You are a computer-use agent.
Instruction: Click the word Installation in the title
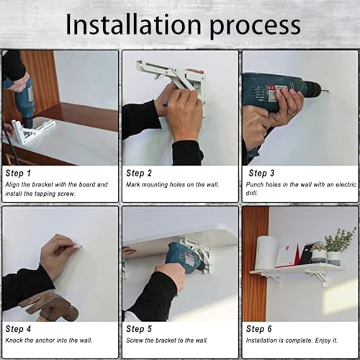[133, 24]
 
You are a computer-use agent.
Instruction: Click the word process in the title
[255, 27]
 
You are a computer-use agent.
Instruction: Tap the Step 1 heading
[18, 173]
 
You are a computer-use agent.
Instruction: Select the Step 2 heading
[139, 173]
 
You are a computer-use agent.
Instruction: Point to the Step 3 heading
[261, 173]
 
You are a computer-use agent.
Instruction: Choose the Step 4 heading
[18, 329]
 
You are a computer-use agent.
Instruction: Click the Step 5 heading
[139, 329]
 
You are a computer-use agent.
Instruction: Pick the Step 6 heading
[258, 329]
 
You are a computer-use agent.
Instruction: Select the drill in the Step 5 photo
[185, 257]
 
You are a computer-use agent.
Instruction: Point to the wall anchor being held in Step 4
[78, 246]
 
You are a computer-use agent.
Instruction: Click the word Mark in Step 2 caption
[133, 184]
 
